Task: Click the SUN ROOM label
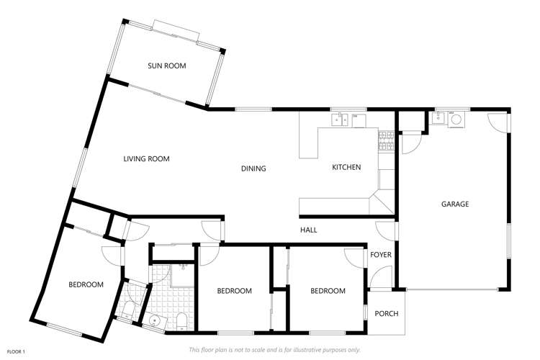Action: coord(167,66)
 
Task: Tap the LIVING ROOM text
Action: coord(146,159)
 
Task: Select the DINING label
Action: coord(253,168)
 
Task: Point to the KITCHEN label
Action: coord(346,168)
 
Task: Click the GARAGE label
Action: coord(455,204)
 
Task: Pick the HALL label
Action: coord(309,230)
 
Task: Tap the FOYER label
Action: coord(380,255)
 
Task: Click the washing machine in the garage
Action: coord(456,119)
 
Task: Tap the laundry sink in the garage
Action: coord(438,119)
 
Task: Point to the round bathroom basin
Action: coord(155,320)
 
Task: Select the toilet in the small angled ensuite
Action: coord(128,310)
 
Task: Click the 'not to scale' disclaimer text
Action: coord(274,350)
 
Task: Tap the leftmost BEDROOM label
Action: coord(86,284)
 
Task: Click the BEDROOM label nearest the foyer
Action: coord(328,291)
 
